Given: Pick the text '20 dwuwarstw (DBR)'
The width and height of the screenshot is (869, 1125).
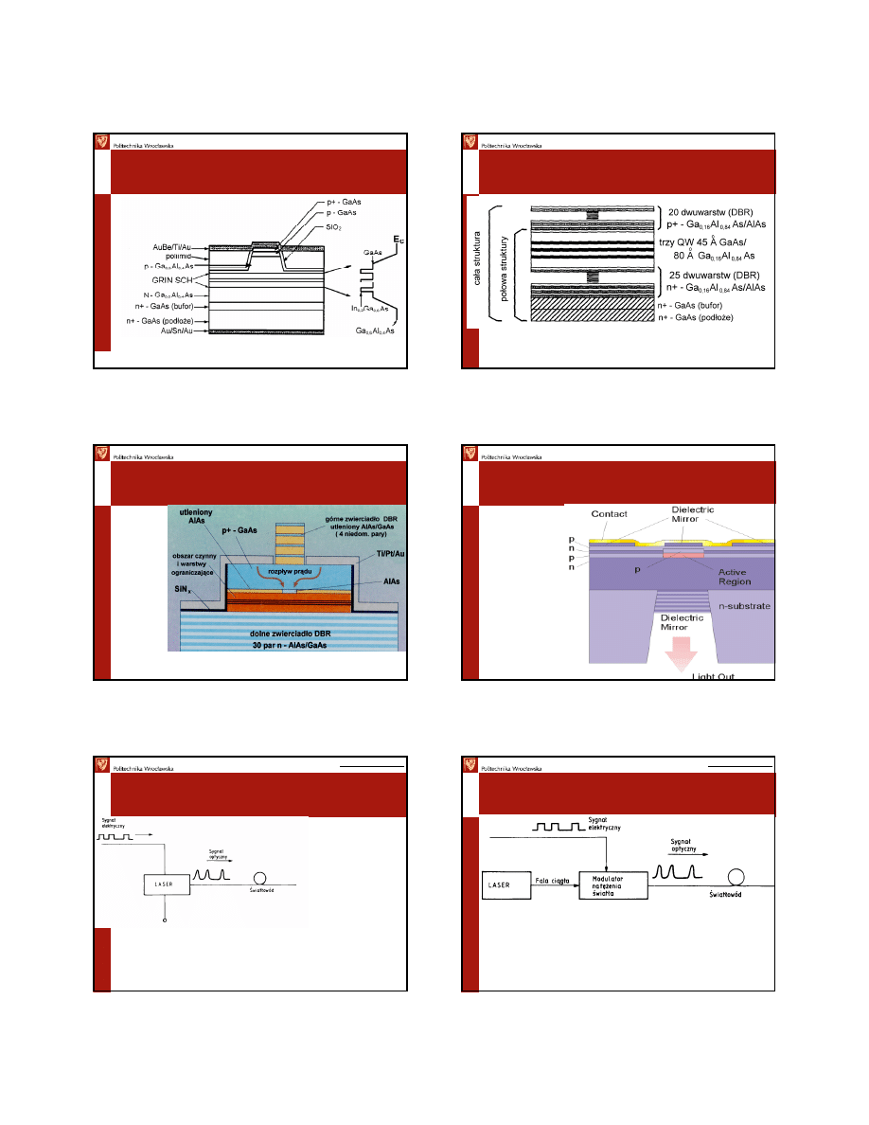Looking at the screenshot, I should (x=713, y=212).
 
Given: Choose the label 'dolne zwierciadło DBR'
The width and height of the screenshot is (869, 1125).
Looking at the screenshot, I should (x=283, y=633).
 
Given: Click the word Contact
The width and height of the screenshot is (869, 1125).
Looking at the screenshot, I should (x=610, y=514).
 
